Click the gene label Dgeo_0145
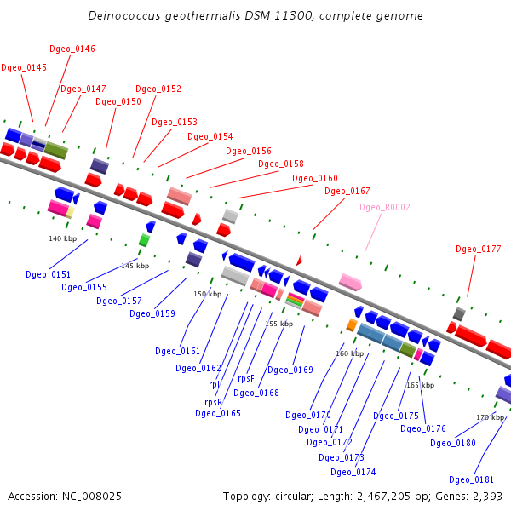coord(24,67)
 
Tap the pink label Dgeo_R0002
coord(385,207)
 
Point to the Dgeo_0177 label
coord(479,250)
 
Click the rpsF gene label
coord(246,378)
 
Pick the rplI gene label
coord(215,384)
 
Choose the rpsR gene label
coord(213,402)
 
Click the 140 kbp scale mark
coord(63,238)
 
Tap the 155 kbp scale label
coord(278,324)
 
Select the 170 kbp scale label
coord(491,417)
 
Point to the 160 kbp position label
coord(349,353)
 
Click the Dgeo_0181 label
coord(472,479)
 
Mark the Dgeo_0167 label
coord(347,192)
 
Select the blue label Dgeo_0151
coord(49,274)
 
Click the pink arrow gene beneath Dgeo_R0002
coord(350,281)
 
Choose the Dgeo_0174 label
coord(353,472)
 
